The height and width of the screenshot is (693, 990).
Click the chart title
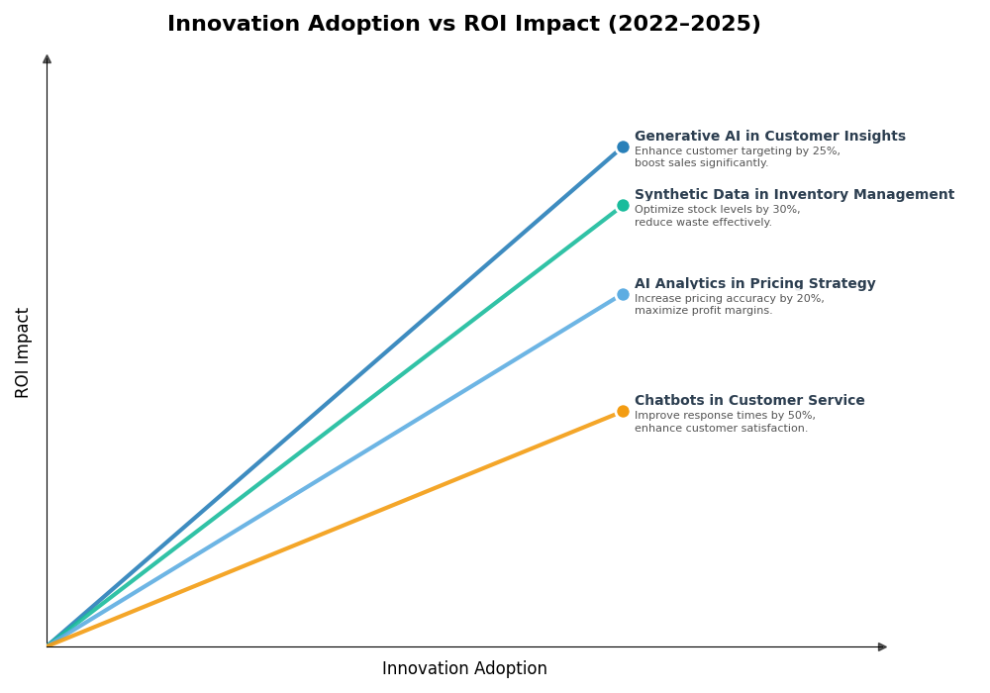coord(463,25)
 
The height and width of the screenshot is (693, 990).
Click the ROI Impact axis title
coord(23,352)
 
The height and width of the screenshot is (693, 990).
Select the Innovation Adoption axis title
coord(464,669)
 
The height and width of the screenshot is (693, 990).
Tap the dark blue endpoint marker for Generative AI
coord(623,148)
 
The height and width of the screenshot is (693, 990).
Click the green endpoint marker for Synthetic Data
coord(623,206)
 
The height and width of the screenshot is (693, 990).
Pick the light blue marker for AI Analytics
coord(623,295)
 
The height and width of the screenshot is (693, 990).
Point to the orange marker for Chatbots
coord(623,412)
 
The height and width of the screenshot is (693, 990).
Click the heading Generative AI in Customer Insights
coord(769,137)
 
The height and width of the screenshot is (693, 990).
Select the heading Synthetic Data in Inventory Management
coord(794,195)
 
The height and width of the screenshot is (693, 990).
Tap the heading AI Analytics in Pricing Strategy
coord(754,284)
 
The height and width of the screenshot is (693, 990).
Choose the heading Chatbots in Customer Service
coord(749,401)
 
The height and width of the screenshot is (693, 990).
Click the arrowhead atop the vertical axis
coord(47,59)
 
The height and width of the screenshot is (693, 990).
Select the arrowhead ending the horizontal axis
coord(881,647)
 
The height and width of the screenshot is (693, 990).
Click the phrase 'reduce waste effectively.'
coord(703,223)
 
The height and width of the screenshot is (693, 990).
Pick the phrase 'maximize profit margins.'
coord(703,311)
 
